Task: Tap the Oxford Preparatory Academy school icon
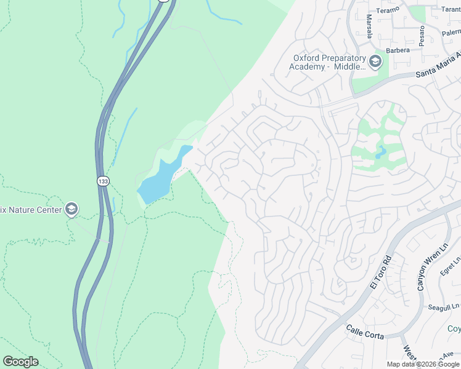(x=375, y=61)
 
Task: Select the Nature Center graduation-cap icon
(x=71, y=210)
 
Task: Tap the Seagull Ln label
(x=444, y=306)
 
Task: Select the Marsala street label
(x=369, y=26)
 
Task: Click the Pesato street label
(x=422, y=36)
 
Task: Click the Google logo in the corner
(x=20, y=362)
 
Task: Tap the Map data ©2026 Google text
(x=423, y=364)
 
